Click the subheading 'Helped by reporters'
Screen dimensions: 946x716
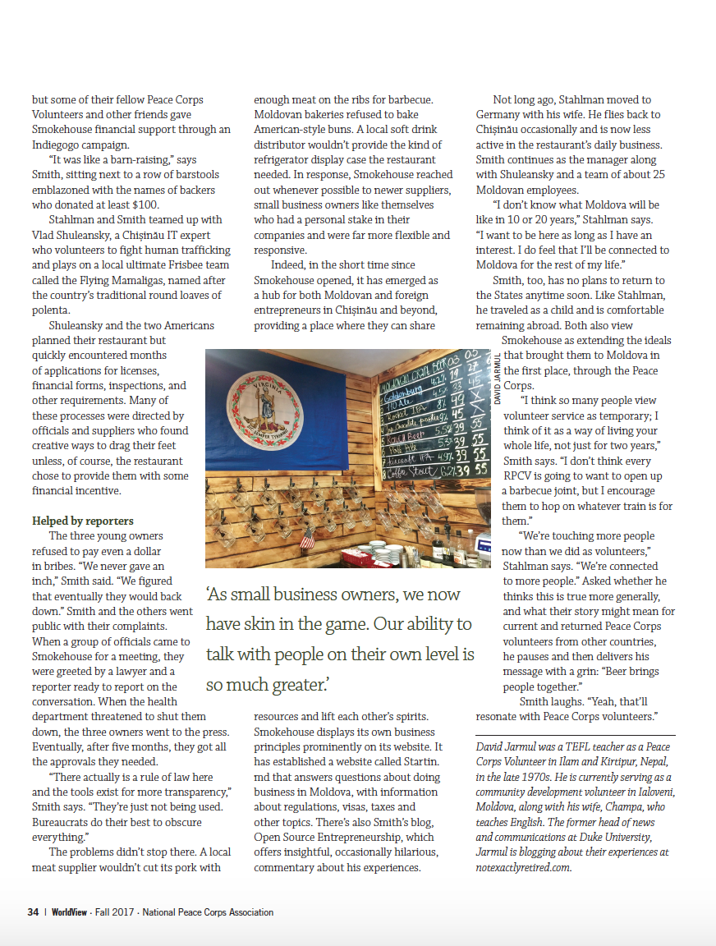(x=82, y=521)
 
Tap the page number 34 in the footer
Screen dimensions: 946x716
(x=33, y=912)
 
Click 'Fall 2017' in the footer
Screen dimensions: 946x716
(x=115, y=912)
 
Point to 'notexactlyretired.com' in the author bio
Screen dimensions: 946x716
(x=523, y=867)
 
